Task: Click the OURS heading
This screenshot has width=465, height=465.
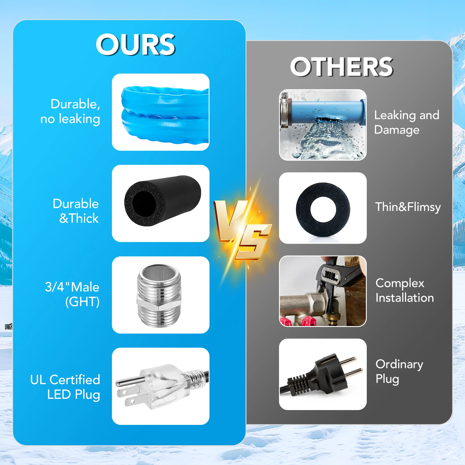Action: (135, 44)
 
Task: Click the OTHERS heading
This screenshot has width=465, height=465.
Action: (342, 67)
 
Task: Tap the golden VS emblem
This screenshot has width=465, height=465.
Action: (243, 230)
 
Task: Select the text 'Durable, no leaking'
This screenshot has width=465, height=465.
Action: (70, 112)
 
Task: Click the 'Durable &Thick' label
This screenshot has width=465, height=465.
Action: (76, 211)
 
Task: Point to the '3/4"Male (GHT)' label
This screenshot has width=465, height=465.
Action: (72, 294)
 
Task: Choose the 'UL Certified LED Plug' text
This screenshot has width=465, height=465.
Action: (65, 387)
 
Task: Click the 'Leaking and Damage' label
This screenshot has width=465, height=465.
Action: (407, 122)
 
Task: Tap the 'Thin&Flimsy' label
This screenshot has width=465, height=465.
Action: (408, 207)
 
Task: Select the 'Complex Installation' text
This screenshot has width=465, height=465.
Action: (405, 290)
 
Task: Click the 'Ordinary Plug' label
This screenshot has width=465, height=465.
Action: (399, 371)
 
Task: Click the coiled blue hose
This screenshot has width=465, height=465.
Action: (165, 115)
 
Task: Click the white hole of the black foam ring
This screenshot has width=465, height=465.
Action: (323, 209)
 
